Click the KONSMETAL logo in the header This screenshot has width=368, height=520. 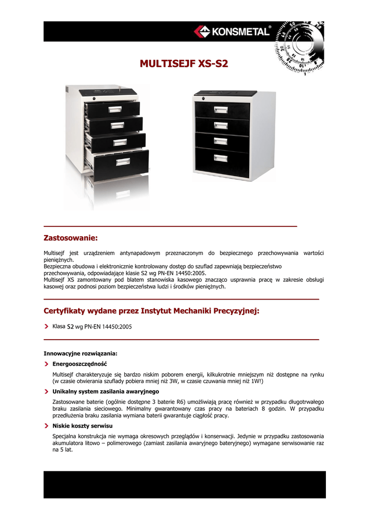click(x=231, y=31)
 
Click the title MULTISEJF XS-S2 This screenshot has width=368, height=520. click(x=184, y=64)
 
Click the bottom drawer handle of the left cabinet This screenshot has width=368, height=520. click(x=123, y=162)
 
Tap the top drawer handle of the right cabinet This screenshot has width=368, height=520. click(x=220, y=110)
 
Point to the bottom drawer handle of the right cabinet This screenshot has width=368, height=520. click(x=220, y=158)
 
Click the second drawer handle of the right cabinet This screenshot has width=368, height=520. click(x=220, y=125)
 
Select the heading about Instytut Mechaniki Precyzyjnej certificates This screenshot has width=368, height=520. click(x=151, y=311)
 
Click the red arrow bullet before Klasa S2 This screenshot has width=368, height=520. click(x=46, y=327)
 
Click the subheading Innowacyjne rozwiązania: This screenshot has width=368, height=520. click(x=81, y=353)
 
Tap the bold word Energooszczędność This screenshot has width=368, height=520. click(x=80, y=364)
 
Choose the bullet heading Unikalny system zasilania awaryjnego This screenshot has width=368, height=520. click(x=106, y=392)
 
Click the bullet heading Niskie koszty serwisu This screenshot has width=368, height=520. click(x=82, y=426)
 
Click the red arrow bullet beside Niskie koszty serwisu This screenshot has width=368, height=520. click(x=46, y=426)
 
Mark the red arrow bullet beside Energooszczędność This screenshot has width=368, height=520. click(x=46, y=364)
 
